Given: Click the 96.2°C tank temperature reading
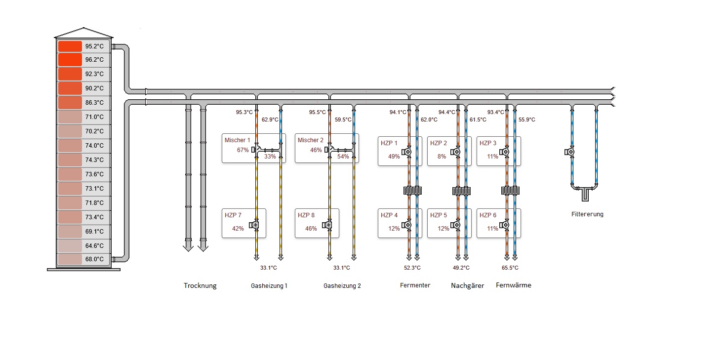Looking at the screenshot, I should point(94,60).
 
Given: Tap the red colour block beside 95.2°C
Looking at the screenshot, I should point(70,46).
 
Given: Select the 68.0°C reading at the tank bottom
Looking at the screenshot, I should point(94,259).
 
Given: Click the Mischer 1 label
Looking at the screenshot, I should point(238,140).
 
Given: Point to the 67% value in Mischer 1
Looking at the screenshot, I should point(242,150).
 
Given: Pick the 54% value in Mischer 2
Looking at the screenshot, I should point(343,157).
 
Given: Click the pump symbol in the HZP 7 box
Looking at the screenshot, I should point(255,225).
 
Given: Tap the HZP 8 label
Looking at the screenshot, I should point(306,215).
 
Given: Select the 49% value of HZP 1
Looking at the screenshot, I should point(394,157).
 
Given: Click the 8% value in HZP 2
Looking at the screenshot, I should point(442,157).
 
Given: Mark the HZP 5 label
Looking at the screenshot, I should point(439,215).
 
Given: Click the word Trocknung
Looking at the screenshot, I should point(200,285).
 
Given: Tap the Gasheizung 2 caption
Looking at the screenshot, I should point(342,285).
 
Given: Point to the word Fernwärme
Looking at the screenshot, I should point(514,285).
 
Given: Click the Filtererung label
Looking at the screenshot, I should point(587,214).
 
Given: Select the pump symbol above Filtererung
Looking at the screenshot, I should point(570,152).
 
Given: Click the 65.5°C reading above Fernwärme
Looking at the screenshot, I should point(510,268).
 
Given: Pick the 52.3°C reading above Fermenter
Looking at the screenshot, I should point(412,268).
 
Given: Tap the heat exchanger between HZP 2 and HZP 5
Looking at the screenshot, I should point(461,191).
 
